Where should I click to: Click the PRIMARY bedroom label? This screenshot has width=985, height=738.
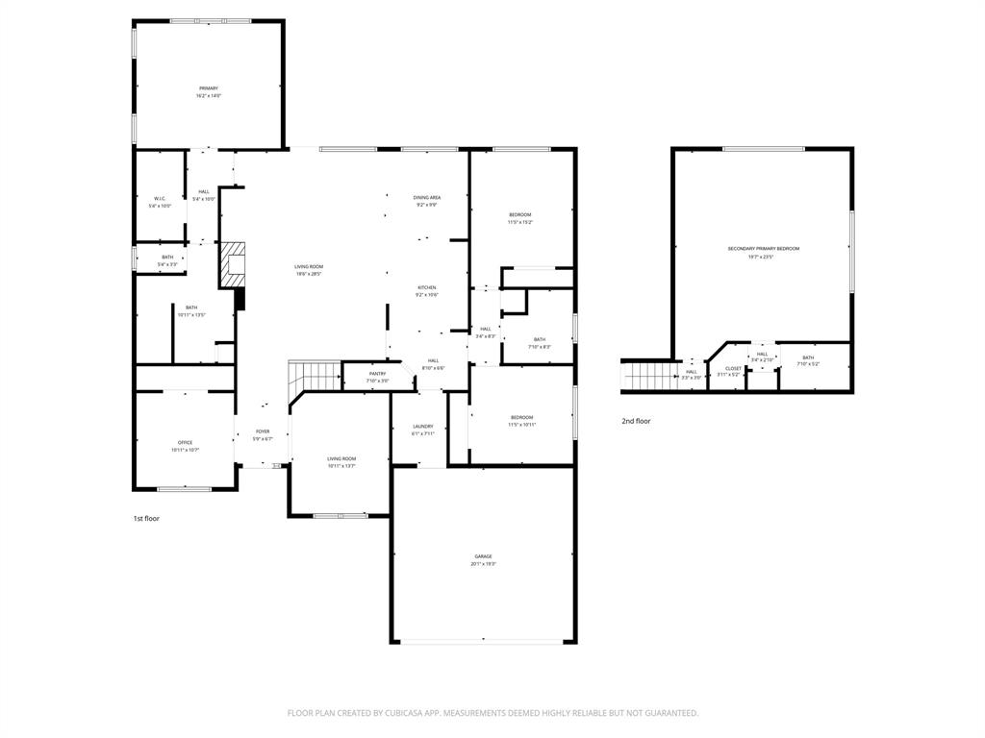[x=208, y=88]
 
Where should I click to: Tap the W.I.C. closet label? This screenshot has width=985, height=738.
[x=160, y=199]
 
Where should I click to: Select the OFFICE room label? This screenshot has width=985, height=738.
[x=185, y=443]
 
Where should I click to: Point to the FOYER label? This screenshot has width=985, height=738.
[x=263, y=431]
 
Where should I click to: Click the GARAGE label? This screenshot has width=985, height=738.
[x=483, y=557]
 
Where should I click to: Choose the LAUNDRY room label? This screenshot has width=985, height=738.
[x=422, y=427]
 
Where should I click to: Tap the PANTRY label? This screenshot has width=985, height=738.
[x=377, y=374]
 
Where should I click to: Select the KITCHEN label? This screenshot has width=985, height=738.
[x=427, y=288]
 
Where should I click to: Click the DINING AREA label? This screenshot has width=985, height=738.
[x=427, y=197]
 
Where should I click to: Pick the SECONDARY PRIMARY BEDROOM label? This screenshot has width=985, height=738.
[x=763, y=249]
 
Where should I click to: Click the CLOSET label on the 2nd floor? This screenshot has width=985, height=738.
[x=733, y=368]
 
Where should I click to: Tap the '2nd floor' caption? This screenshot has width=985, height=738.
[x=636, y=421]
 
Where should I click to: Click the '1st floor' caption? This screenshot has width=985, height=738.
[x=146, y=518]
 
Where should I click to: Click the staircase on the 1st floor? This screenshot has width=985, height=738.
[x=316, y=375]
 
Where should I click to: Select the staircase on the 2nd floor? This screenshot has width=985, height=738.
[x=650, y=375]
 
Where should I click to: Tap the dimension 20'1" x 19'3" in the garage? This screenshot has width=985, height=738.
[x=483, y=565]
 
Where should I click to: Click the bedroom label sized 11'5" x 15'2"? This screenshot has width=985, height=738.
[x=519, y=214]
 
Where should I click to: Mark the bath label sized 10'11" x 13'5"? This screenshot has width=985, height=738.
[x=192, y=307]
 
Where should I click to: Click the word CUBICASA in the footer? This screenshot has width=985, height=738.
[x=394, y=713]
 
